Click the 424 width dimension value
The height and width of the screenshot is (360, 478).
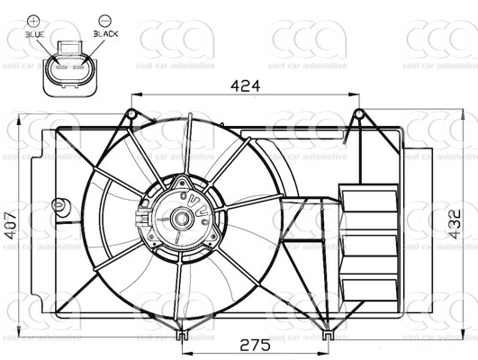click(245, 85)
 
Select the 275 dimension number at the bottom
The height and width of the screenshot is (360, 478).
click(255, 344)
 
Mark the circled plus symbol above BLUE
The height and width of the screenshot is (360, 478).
click(34, 19)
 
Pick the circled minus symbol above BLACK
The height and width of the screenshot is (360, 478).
click(104, 19)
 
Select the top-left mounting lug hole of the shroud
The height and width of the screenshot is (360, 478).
click(131, 113)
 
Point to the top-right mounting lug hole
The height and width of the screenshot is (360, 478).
click(358, 113)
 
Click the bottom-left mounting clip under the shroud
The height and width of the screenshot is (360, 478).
click(182, 336)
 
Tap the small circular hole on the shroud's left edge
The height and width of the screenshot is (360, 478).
click(59, 205)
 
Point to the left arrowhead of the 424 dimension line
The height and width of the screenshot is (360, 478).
click(136, 95)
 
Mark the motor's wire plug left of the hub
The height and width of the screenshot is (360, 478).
click(140, 220)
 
